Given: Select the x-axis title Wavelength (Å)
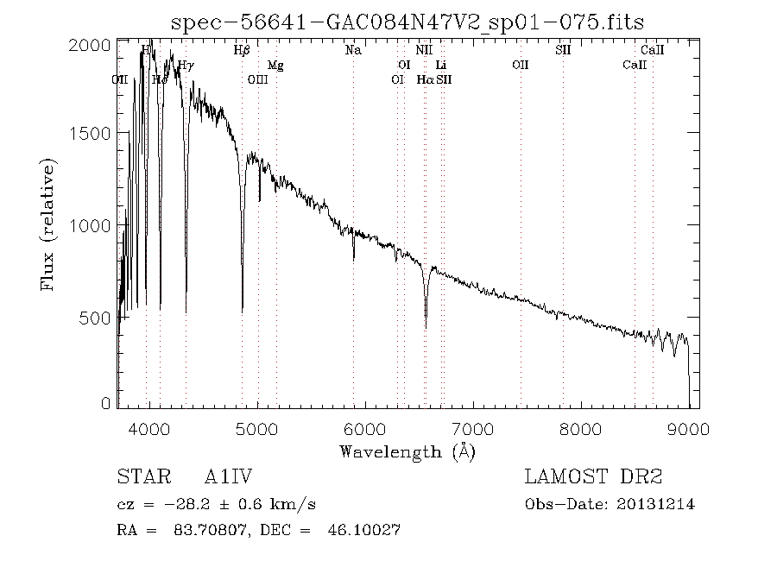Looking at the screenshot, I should pyautogui.click(x=407, y=451).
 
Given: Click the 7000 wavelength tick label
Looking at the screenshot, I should pyautogui.click(x=473, y=429).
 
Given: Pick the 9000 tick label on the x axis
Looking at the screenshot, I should pyautogui.click(x=688, y=429).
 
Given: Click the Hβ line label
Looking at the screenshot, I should pyautogui.click(x=242, y=51).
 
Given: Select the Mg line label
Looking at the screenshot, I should pyautogui.click(x=275, y=66).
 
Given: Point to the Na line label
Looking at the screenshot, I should pyautogui.click(x=352, y=51).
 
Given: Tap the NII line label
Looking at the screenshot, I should pyautogui.click(x=423, y=51).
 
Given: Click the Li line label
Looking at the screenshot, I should pyautogui.click(x=440, y=66).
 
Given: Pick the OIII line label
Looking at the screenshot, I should pyautogui.click(x=257, y=79).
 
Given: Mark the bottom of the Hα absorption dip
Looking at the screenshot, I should pyautogui.click(x=426, y=327).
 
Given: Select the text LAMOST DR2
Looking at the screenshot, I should pyautogui.click(x=593, y=476).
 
